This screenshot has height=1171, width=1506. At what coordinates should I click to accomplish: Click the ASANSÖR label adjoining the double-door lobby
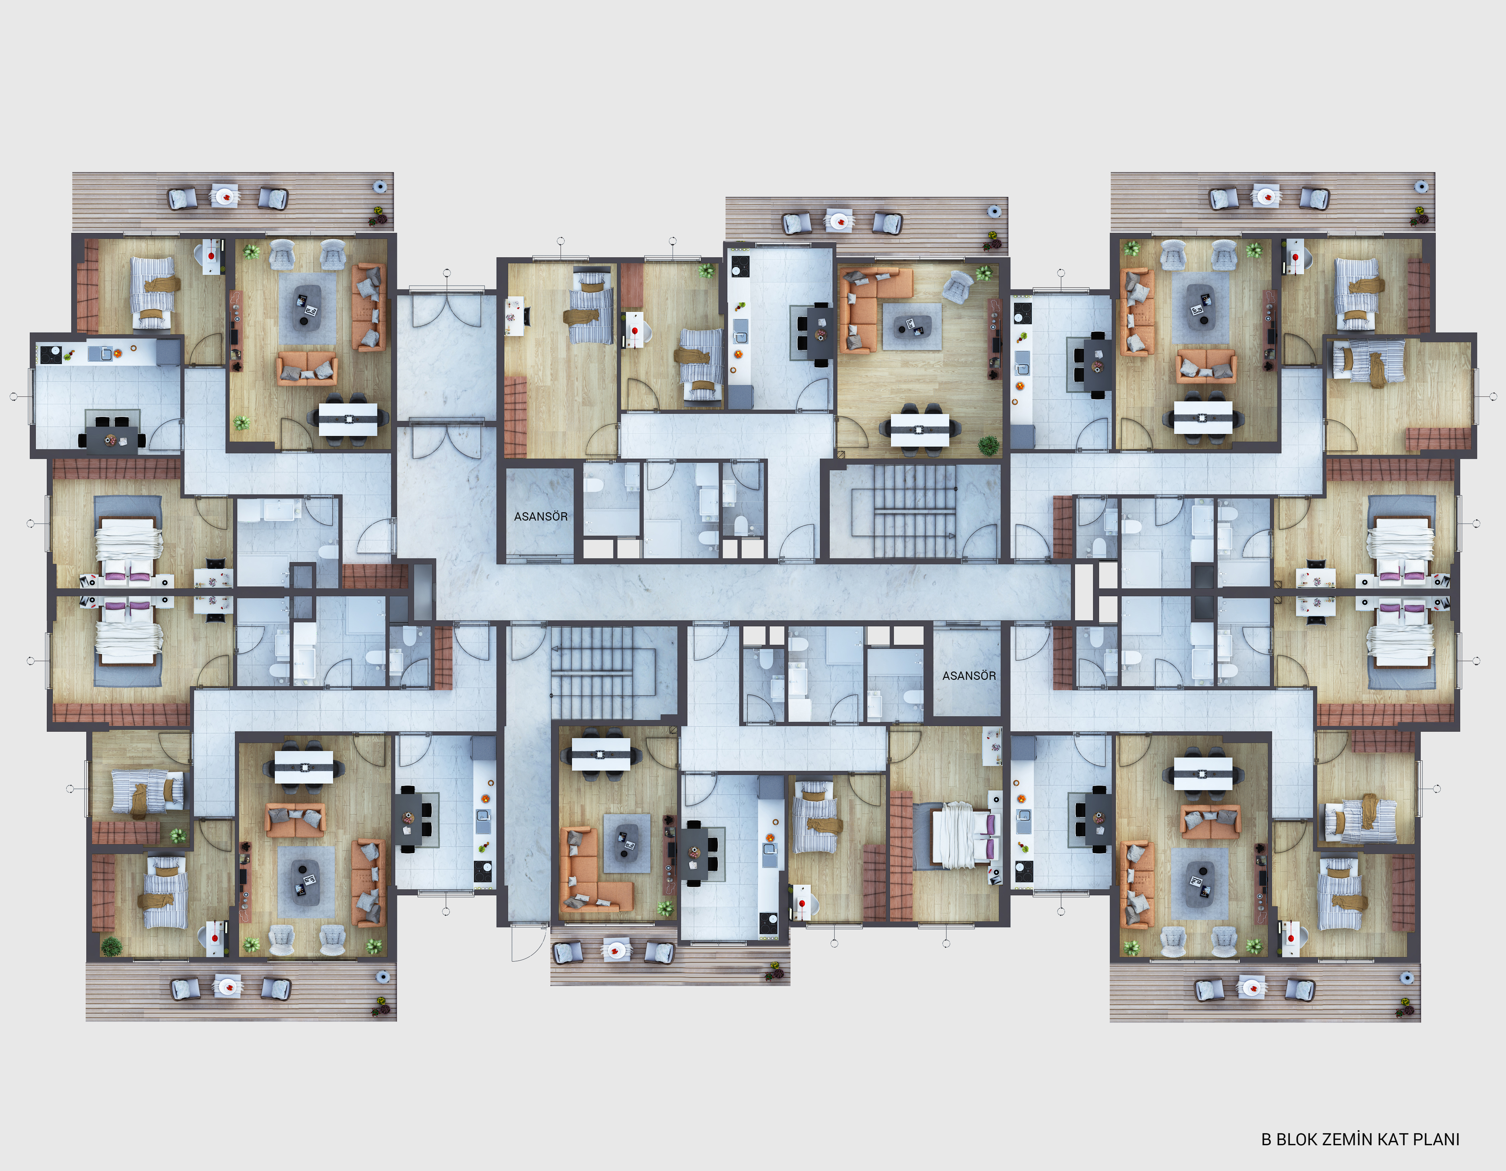point(540,516)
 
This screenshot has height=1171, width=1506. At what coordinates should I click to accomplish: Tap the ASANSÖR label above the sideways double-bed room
point(969,675)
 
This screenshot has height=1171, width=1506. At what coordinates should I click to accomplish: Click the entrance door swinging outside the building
point(527,943)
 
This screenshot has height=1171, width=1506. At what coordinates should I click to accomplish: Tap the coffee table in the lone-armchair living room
point(912,326)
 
